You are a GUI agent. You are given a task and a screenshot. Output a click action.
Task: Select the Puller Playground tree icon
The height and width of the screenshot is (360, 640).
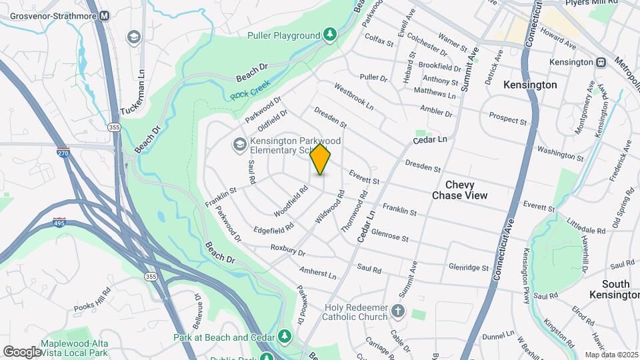tap(329, 35)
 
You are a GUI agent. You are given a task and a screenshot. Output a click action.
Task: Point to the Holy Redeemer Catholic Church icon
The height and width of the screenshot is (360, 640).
tap(397, 311)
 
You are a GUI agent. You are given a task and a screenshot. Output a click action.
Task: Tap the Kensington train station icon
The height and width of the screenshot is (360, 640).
tap(601, 62)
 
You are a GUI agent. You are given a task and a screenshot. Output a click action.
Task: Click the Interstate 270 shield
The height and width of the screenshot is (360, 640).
tap(63, 153)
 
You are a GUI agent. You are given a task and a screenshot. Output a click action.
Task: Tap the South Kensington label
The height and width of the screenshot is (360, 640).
tap(614, 289)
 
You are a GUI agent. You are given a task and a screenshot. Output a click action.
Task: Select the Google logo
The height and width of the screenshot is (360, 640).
tap(23, 351)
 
